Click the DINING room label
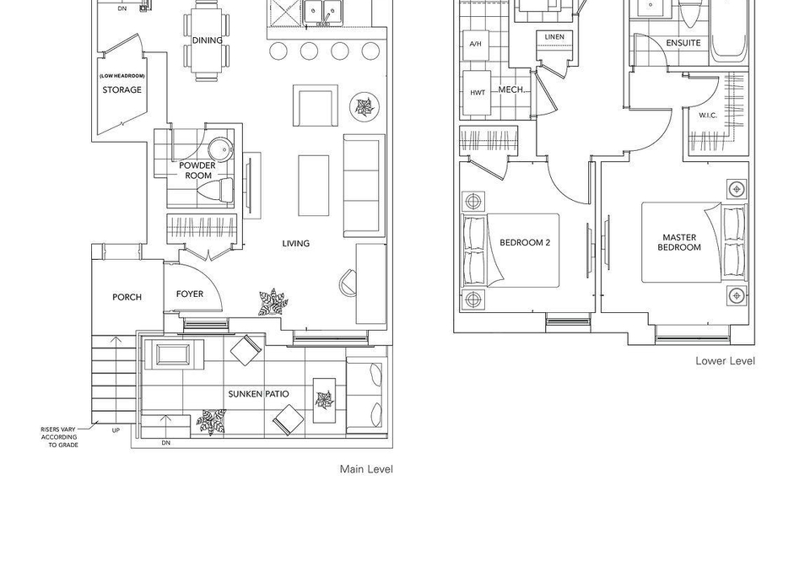click(208, 40)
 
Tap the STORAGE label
click(121, 89)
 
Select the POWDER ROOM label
click(197, 170)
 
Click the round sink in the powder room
click(220, 149)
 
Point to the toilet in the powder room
click(220, 191)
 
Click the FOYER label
click(190, 294)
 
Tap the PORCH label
click(127, 297)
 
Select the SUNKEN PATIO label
click(259, 394)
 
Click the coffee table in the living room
click(314, 186)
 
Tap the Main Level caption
click(366, 469)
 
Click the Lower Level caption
click(725, 361)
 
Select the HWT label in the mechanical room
click(478, 93)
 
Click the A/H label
click(475, 44)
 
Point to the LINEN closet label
click(554, 37)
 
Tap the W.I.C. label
click(708, 115)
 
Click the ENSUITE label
click(683, 43)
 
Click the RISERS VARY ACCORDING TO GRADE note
click(60, 437)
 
